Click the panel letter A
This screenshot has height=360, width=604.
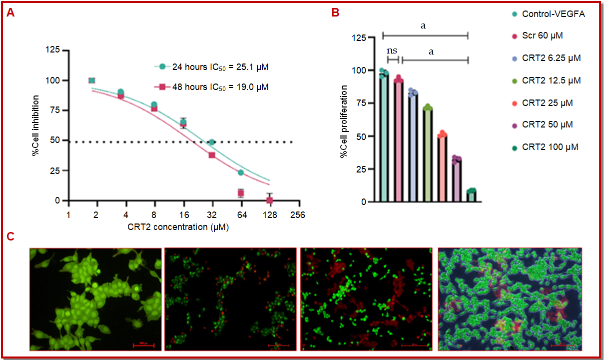(10, 14)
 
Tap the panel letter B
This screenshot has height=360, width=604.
(336, 13)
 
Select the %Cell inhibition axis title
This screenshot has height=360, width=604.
(35, 128)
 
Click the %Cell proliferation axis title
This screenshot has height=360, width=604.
(344, 122)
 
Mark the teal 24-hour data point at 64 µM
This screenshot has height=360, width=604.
(241, 172)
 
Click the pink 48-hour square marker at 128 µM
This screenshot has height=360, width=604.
(270, 200)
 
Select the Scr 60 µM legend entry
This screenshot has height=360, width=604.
(542, 36)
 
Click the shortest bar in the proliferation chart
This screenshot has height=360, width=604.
(471, 196)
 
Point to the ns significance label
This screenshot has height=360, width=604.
(392, 50)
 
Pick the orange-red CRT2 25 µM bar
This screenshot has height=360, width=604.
(442, 168)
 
